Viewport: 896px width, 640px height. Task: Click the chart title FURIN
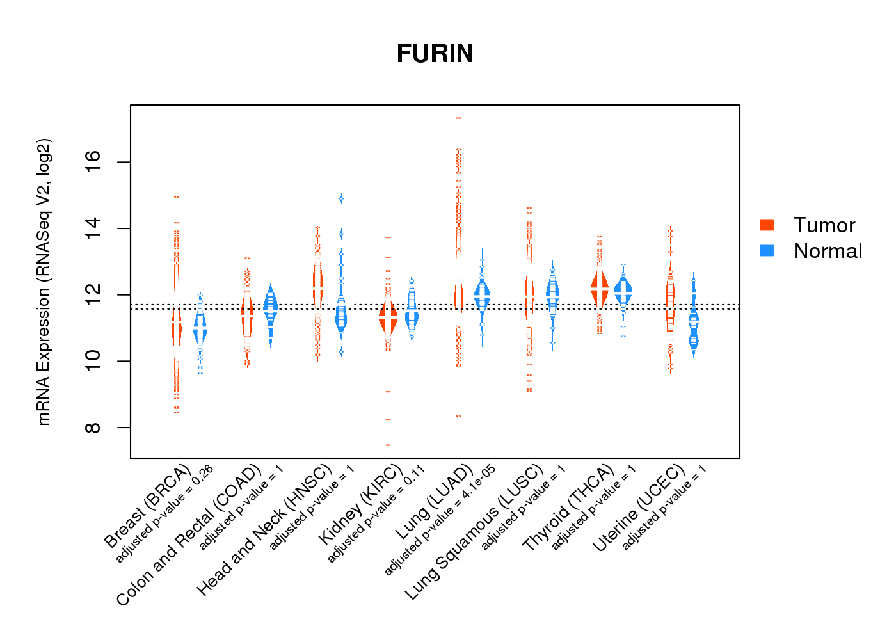pyautogui.click(x=435, y=54)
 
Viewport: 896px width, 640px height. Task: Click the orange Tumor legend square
pyautogui.click(x=767, y=225)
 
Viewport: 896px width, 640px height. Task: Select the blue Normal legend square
pyautogui.click(x=767, y=250)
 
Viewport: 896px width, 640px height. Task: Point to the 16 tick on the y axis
pyautogui.click(x=93, y=163)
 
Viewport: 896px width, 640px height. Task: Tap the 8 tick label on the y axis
pyautogui.click(x=93, y=428)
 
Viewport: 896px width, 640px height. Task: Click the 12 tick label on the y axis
pyautogui.click(x=93, y=295)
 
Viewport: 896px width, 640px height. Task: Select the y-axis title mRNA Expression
pyautogui.click(x=44, y=282)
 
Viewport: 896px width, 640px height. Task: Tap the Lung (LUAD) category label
pyautogui.click(x=434, y=500)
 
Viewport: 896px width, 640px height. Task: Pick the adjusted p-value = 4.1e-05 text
pyautogui.click(x=440, y=520)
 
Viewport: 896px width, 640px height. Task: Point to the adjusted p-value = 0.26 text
pyautogui.click(x=164, y=515)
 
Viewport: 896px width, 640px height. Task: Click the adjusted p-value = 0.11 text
pyautogui.click(x=376, y=515)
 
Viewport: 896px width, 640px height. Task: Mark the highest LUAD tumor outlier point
pyautogui.click(x=458, y=118)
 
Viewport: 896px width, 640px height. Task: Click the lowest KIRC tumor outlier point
pyautogui.click(x=388, y=445)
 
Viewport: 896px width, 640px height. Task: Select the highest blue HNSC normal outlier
pyautogui.click(x=341, y=198)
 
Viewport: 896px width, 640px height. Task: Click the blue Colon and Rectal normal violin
pyautogui.click(x=271, y=307)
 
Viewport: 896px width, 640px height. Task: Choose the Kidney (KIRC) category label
pyautogui.click(x=360, y=505)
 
